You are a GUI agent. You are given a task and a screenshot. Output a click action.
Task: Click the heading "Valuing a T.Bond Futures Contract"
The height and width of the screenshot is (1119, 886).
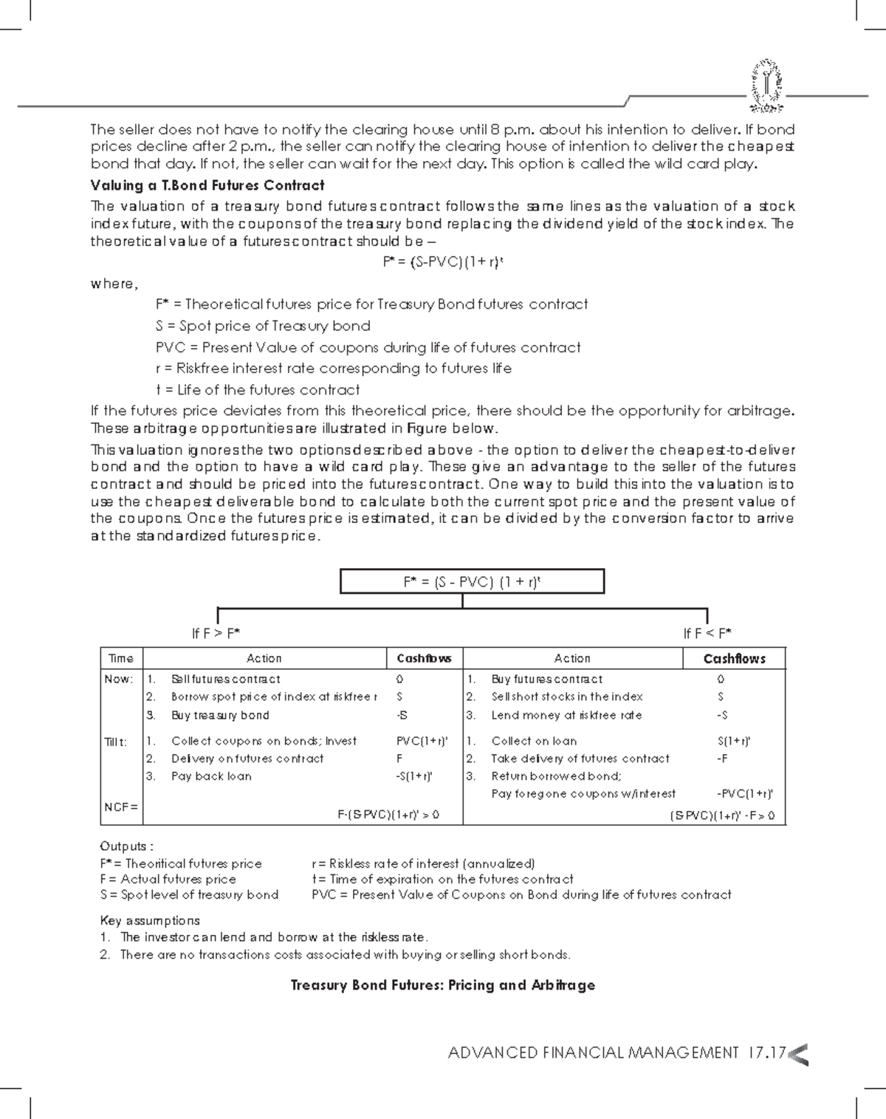click(x=207, y=185)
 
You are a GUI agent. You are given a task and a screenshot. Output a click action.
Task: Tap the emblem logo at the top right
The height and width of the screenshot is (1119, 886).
click(x=767, y=86)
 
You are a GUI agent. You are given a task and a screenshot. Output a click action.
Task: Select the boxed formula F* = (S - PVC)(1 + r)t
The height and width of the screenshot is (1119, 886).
click(x=472, y=581)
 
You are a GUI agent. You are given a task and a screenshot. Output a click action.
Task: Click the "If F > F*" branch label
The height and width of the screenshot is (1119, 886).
click(x=216, y=634)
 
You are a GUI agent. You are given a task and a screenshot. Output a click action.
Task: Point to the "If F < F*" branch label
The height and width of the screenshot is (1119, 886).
click(x=707, y=634)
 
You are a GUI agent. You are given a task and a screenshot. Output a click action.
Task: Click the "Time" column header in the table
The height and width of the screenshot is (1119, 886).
click(x=121, y=659)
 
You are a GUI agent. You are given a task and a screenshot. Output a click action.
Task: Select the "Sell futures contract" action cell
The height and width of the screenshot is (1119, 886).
click(x=225, y=680)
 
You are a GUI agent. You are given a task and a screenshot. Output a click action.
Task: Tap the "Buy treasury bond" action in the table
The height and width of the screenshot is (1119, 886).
click(x=220, y=715)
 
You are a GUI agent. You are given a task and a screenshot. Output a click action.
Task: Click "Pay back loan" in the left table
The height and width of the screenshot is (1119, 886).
click(x=211, y=776)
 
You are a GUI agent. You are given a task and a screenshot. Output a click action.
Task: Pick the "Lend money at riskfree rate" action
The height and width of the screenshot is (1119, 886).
click(x=566, y=715)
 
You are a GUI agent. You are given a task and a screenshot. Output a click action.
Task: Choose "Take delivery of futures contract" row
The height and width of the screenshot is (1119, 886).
click(x=580, y=759)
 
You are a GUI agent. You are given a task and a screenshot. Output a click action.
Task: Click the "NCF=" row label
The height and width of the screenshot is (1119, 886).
click(x=120, y=807)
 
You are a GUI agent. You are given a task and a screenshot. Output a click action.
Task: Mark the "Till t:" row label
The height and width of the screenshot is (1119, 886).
click(x=116, y=742)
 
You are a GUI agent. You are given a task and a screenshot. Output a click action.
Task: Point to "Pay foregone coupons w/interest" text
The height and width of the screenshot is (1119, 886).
click(x=583, y=794)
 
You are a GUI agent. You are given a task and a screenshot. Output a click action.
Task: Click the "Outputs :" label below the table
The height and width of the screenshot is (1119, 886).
click(x=127, y=846)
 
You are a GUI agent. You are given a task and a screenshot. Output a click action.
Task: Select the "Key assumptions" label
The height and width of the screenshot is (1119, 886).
click(x=150, y=920)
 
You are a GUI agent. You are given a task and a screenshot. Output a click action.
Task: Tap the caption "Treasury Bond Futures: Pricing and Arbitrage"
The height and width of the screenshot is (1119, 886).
click(x=442, y=985)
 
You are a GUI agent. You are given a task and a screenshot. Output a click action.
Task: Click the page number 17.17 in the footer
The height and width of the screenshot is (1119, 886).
click(x=766, y=1053)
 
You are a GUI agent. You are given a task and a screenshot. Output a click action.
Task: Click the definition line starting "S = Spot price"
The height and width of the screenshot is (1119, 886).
click(x=263, y=326)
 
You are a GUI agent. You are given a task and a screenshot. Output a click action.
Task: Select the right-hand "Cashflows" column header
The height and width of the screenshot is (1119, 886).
click(x=734, y=659)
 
